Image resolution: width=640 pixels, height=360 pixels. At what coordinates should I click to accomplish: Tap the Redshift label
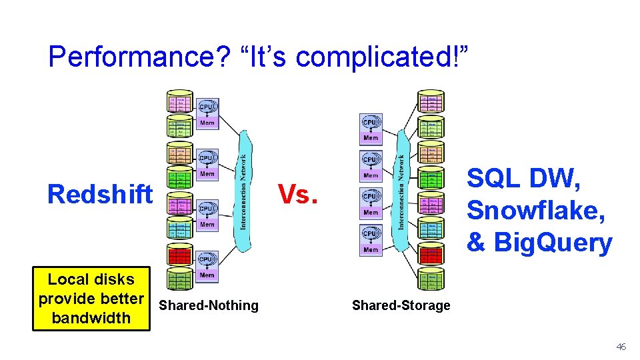[100, 195]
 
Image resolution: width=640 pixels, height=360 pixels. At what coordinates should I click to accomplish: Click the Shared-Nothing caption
[209, 305]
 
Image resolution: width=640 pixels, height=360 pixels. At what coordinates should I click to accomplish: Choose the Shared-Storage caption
[401, 305]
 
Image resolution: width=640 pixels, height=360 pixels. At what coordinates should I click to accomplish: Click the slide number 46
[621, 347]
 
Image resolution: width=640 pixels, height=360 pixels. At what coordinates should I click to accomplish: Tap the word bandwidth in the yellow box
[91, 317]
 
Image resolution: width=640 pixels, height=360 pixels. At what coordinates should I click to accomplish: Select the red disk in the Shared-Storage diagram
[432, 254]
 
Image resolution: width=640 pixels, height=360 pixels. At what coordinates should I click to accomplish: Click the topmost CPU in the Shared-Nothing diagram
[207, 107]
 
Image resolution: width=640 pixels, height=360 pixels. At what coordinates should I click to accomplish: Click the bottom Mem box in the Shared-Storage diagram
[371, 250]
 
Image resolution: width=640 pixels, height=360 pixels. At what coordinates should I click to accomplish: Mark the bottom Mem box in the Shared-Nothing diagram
[207, 275]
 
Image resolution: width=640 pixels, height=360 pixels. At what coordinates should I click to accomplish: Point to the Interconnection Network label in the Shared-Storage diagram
[401, 192]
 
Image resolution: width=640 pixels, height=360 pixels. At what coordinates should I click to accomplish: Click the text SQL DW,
[524, 179]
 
